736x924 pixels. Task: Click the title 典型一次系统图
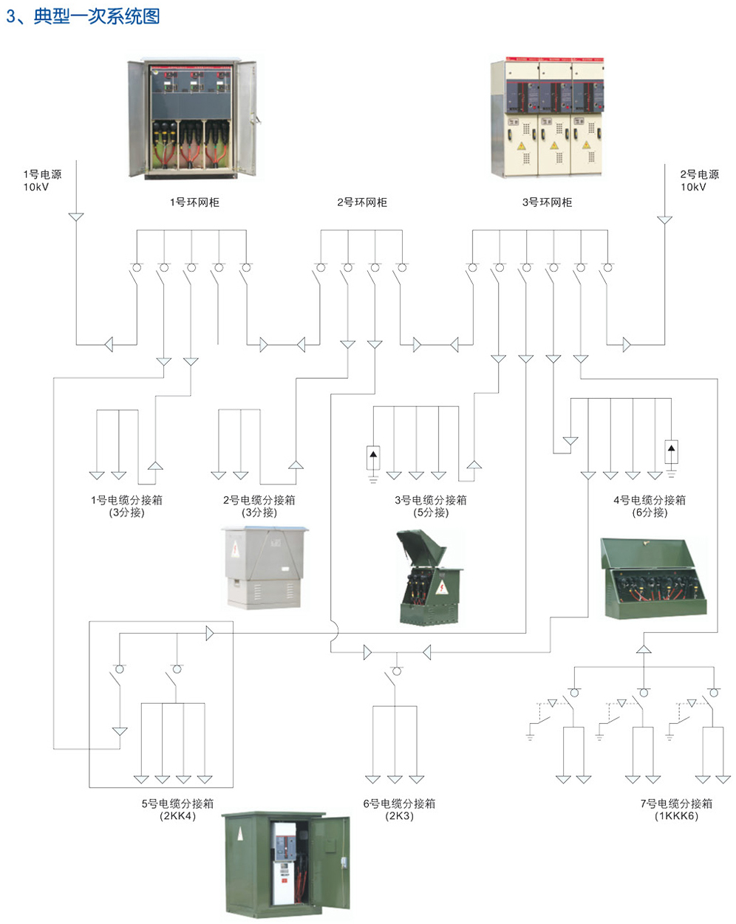(96, 16)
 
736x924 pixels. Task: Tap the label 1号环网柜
(194, 202)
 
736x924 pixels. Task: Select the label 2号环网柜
(362, 202)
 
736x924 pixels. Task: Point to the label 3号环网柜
(547, 202)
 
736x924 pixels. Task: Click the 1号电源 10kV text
(42, 180)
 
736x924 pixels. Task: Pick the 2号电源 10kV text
(699, 180)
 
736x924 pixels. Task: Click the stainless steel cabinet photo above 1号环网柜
(194, 118)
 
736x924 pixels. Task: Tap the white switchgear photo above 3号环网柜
(548, 118)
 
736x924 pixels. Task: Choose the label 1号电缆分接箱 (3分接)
(126, 506)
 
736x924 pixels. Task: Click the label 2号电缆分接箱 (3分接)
(259, 506)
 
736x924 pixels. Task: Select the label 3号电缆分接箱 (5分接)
(431, 506)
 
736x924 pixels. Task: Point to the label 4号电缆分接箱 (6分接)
(650, 506)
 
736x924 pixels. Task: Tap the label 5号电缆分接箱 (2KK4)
(177, 810)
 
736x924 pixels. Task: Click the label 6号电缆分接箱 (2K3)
(399, 810)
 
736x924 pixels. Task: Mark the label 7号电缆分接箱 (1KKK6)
(676, 810)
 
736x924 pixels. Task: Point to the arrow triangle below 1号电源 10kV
(75, 217)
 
